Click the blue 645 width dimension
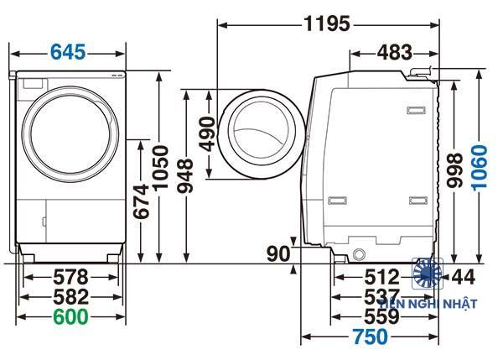click(x=68, y=52)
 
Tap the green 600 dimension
click(x=71, y=316)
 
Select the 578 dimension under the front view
click(x=71, y=276)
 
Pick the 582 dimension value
click(x=71, y=296)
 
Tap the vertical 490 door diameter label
click(x=209, y=133)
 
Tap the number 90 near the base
click(x=278, y=253)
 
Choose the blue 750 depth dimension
click(x=370, y=337)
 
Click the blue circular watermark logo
click(x=428, y=273)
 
